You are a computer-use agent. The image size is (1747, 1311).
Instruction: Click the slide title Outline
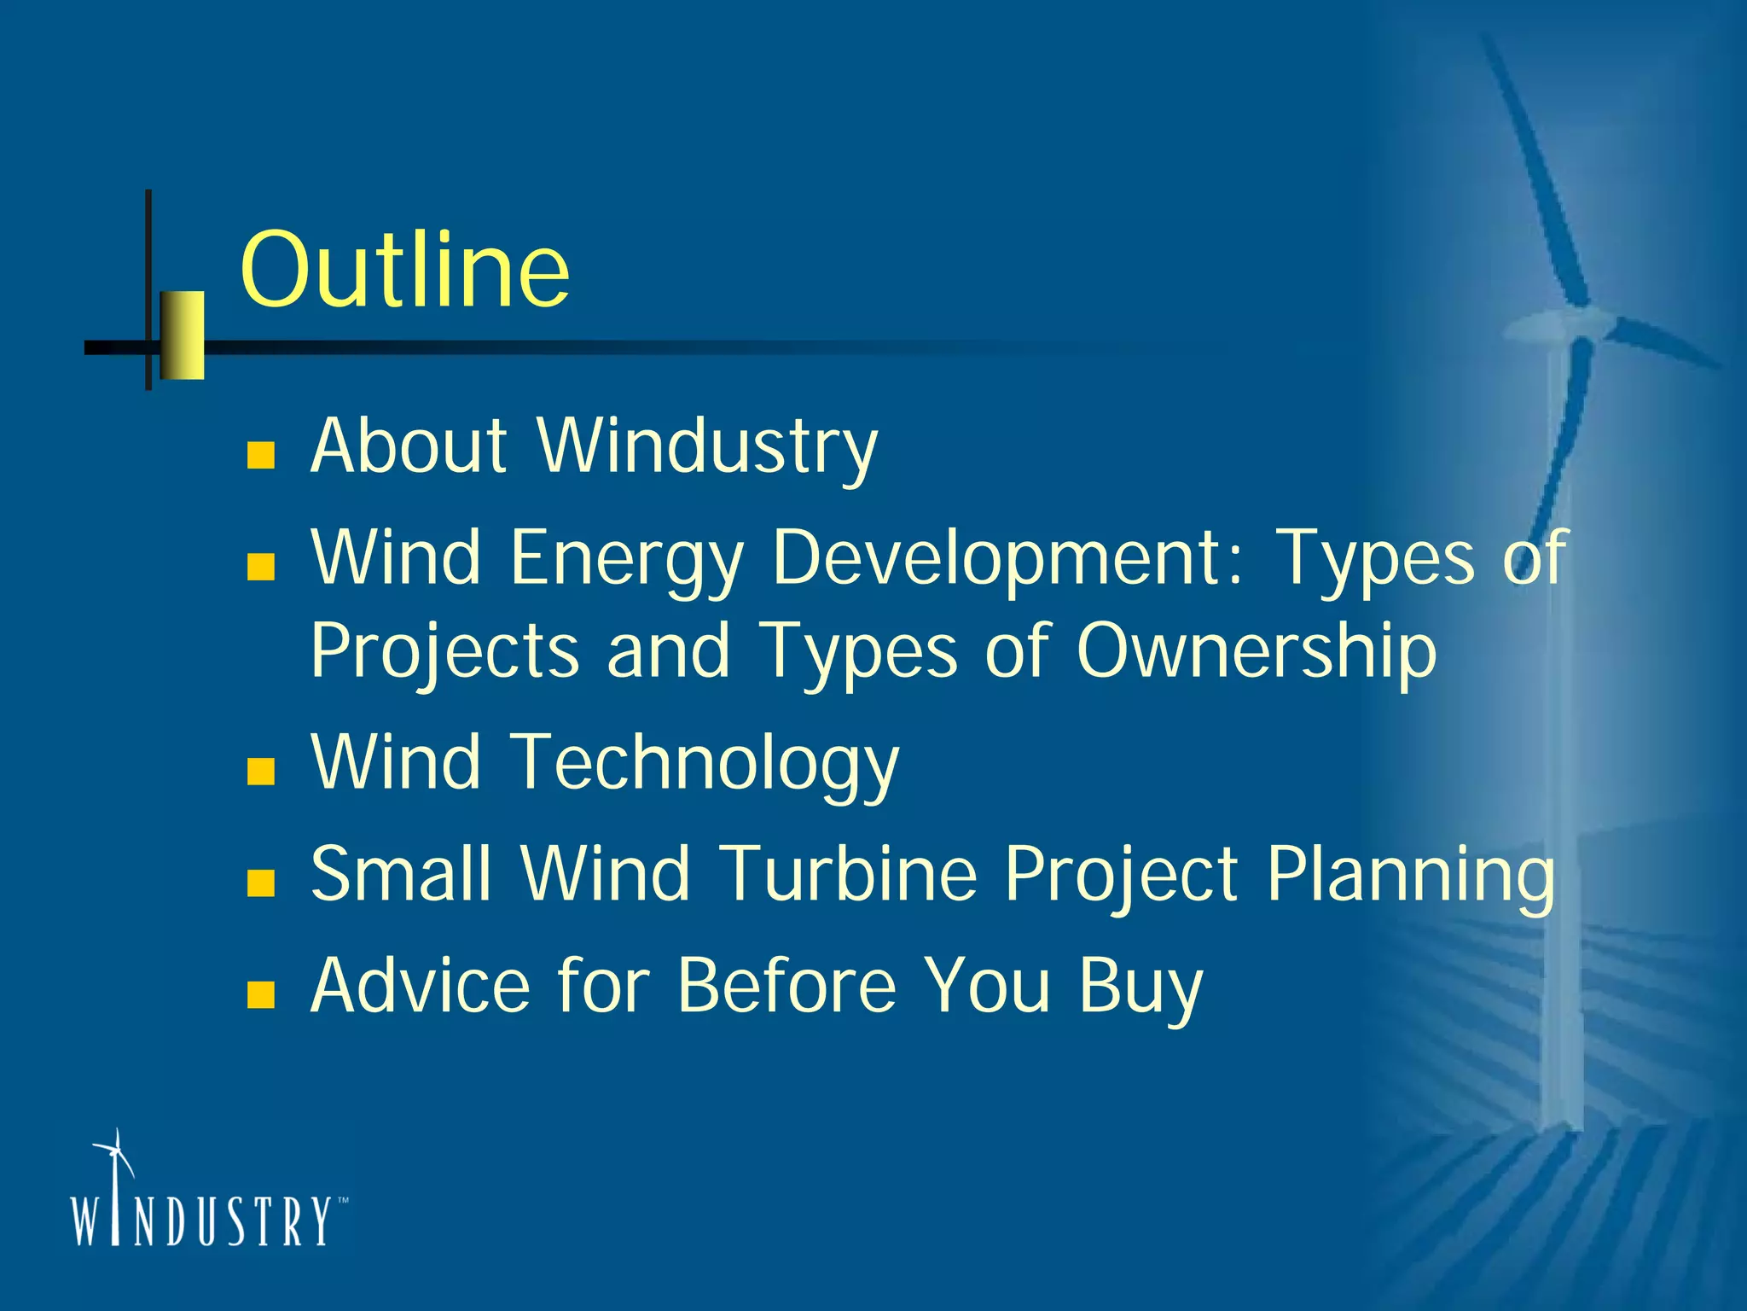pyautogui.click(x=404, y=271)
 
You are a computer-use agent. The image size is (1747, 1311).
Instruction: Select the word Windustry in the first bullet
pyautogui.click(x=706, y=446)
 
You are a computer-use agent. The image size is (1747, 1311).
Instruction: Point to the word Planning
pyautogui.click(x=1409, y=875)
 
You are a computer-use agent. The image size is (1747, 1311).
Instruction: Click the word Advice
pyautogui.click(x=420, y=985)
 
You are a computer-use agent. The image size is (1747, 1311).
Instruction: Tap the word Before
pyautogui.click(x=786, y=985)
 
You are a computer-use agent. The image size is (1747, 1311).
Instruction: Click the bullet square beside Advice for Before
pyautogui.click(x=260, y=994)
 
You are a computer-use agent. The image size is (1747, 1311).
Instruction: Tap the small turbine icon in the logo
pyautogui.click(x=114, y=1161)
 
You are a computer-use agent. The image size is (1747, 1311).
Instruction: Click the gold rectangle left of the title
pyautogui.click(x=183, y=335)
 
